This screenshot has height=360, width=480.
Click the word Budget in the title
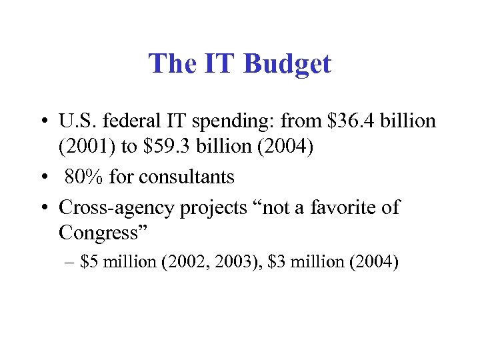(287, 65)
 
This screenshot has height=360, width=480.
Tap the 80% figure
(84, 177)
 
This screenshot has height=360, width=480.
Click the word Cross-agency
(116, 207)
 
